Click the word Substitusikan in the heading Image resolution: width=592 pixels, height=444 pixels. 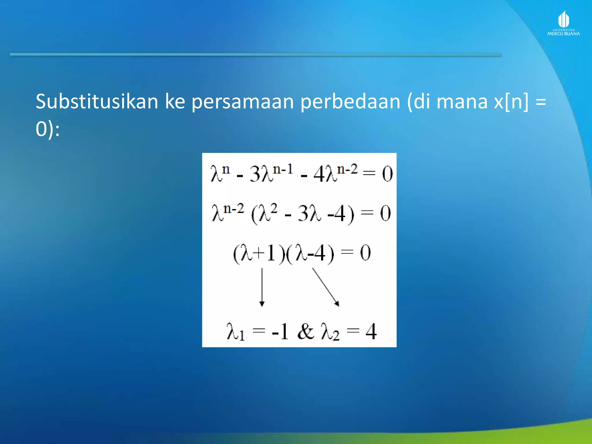[97, 102]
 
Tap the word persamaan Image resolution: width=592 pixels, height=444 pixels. [243, 102]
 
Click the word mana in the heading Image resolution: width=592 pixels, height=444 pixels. [462, 102]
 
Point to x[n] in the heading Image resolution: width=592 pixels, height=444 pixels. [511, 102]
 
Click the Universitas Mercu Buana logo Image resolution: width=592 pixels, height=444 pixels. [563, 23]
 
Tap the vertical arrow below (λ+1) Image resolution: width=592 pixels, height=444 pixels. [262, 287]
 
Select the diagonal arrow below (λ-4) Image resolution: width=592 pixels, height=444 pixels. [325, 287]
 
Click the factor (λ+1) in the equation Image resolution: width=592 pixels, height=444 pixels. [256, 253]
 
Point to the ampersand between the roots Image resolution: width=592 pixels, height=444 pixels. [306, 331]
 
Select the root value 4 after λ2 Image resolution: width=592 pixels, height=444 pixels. [371, 331]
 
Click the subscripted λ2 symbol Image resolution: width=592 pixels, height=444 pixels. [330, 332]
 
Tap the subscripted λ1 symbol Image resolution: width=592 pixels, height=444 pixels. [236, 332]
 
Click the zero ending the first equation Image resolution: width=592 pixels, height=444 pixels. [387, 174]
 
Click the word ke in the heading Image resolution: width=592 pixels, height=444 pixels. [175, 102]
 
